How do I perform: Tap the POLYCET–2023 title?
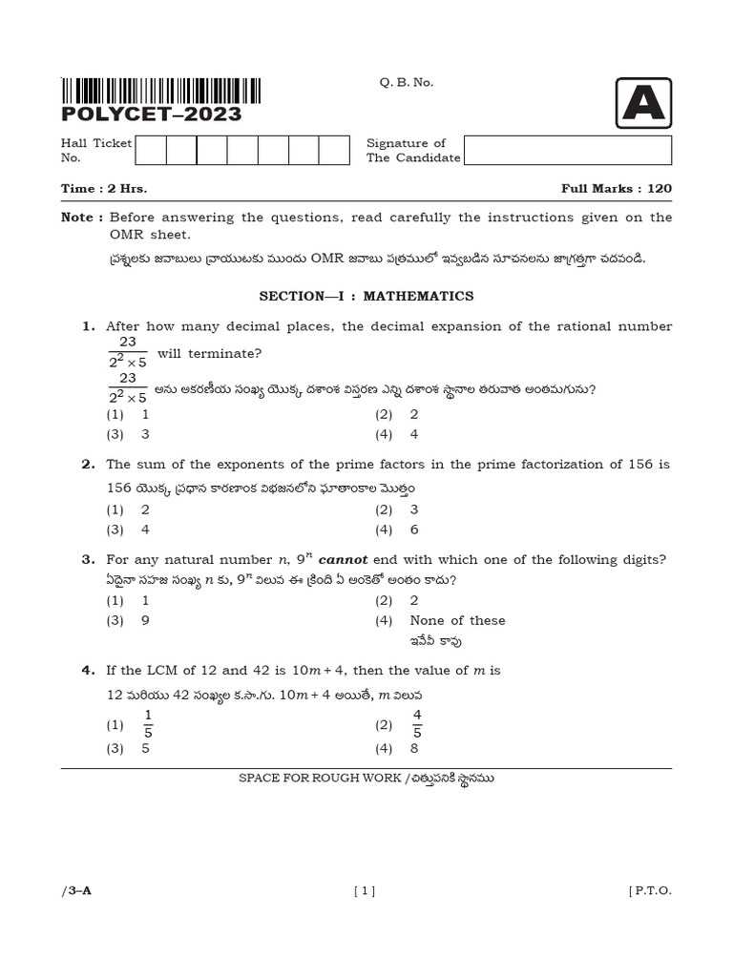coord(151,114)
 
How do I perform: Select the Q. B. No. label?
coord(406,83)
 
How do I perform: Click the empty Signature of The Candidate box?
coord(567,151)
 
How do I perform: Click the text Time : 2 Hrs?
coord(104,189)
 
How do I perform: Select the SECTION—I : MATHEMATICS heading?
coord(366,297)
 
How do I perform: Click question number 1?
coord(89,326)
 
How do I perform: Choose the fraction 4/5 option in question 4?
coord(417,724)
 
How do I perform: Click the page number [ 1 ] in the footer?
coord(365,891)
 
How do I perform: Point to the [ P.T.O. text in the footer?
coord(650,891)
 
